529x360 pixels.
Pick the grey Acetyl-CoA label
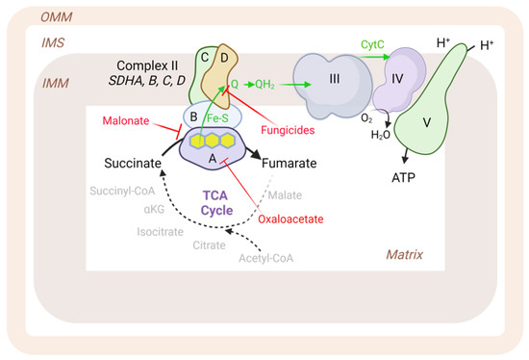264,258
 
